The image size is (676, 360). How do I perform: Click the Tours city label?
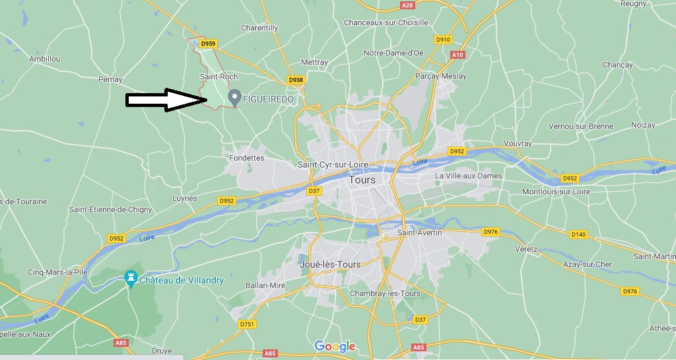click(x=362, y=180)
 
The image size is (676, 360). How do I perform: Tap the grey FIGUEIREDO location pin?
click(x=234, y=98)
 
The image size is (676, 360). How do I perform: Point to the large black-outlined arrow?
click(x=167, y=100)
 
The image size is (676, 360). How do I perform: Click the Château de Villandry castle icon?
click(x=131, y=279)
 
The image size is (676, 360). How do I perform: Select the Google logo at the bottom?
click(x=335, y=346)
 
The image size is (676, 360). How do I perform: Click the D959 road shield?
click(x=208, y=44)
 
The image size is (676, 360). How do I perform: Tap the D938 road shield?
click(x=296, y=80)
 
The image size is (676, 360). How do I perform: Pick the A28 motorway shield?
click(x=407, y=5)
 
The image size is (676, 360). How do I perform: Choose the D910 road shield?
click(x=443, y=40)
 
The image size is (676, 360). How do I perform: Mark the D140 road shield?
click(x=578, y=234)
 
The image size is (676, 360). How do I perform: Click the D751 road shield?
click(x=247, y=324)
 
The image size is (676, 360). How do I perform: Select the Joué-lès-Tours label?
click(x=330, y=264)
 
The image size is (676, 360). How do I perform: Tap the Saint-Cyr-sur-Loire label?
click(x=333, y=164)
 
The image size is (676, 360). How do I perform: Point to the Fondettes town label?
click(x=246, y=158)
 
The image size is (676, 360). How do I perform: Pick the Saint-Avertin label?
click(x=420, y=233)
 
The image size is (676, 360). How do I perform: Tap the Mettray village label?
click(x=314, y=62)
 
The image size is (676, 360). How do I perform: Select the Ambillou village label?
click(x=45, y=59)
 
